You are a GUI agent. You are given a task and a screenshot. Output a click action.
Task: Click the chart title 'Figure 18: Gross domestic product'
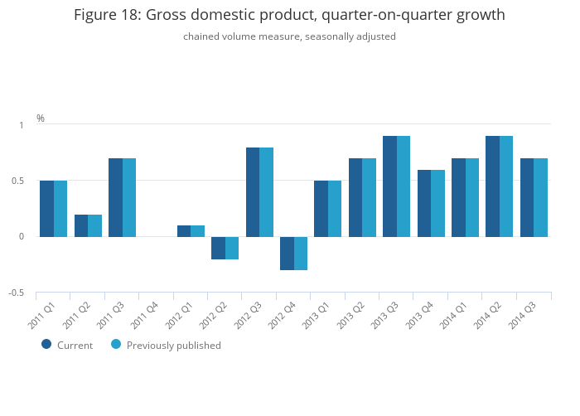tap(289, 15)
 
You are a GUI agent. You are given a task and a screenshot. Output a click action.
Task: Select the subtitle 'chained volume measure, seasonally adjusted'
tap(289, 36)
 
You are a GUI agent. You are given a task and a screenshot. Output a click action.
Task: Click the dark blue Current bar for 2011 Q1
tap(46, 209)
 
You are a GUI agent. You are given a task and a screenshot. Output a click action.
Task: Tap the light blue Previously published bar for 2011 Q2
tap(95, 225)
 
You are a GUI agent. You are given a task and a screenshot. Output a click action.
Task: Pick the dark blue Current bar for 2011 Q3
tap(115, 197)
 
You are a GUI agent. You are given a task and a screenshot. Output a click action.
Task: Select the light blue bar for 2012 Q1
tap(198, 231)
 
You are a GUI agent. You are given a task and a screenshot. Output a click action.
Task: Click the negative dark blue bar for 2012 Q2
tap(218, 248)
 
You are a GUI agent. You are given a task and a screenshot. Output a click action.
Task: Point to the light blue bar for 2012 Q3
tap(267, 192)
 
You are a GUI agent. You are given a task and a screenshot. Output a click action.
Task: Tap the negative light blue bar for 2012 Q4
tap(301, 254)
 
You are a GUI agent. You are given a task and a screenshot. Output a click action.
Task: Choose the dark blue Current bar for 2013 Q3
tap(389, 186)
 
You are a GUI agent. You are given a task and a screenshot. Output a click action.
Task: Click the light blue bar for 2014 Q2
tap(506, 186)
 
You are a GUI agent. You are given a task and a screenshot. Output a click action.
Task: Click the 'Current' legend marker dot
tap(46, 344)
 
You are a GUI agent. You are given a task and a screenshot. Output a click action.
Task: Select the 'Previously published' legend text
tap(174, 346)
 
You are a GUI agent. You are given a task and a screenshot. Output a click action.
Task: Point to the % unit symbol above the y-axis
tap(41, 119)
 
